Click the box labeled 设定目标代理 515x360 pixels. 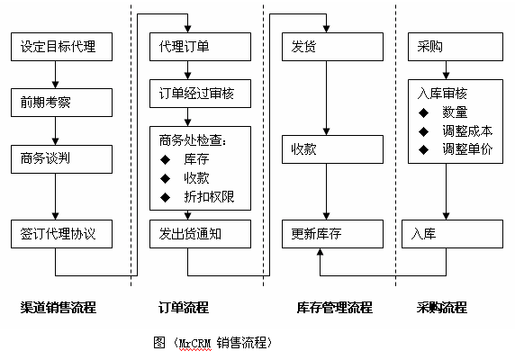click(62, 47)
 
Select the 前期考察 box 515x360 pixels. click(62, 103)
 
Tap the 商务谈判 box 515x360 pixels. click(62, 159)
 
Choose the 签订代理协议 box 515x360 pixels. click(62, 234)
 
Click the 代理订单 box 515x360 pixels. click(201, 47)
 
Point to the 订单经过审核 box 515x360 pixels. click(201, 94)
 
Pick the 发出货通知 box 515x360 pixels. click(201, 234)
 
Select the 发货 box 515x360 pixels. click(333, 47)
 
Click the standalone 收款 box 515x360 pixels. click(333, 149)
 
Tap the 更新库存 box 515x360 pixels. click(333, 234)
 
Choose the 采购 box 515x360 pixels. click(456, 47)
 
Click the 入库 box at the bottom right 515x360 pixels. click(452, 234)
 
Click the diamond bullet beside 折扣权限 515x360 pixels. click(165, 197)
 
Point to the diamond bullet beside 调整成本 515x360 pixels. click(424, 131)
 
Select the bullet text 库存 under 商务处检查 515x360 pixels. click(196, 159)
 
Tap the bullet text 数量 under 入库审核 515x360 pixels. click(455, 112)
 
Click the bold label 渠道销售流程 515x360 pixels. click(59, 308)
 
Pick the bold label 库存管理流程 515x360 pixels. click(334, 308)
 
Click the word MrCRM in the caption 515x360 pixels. click(195, 343)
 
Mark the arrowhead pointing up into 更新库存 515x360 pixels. click(321, 252)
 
